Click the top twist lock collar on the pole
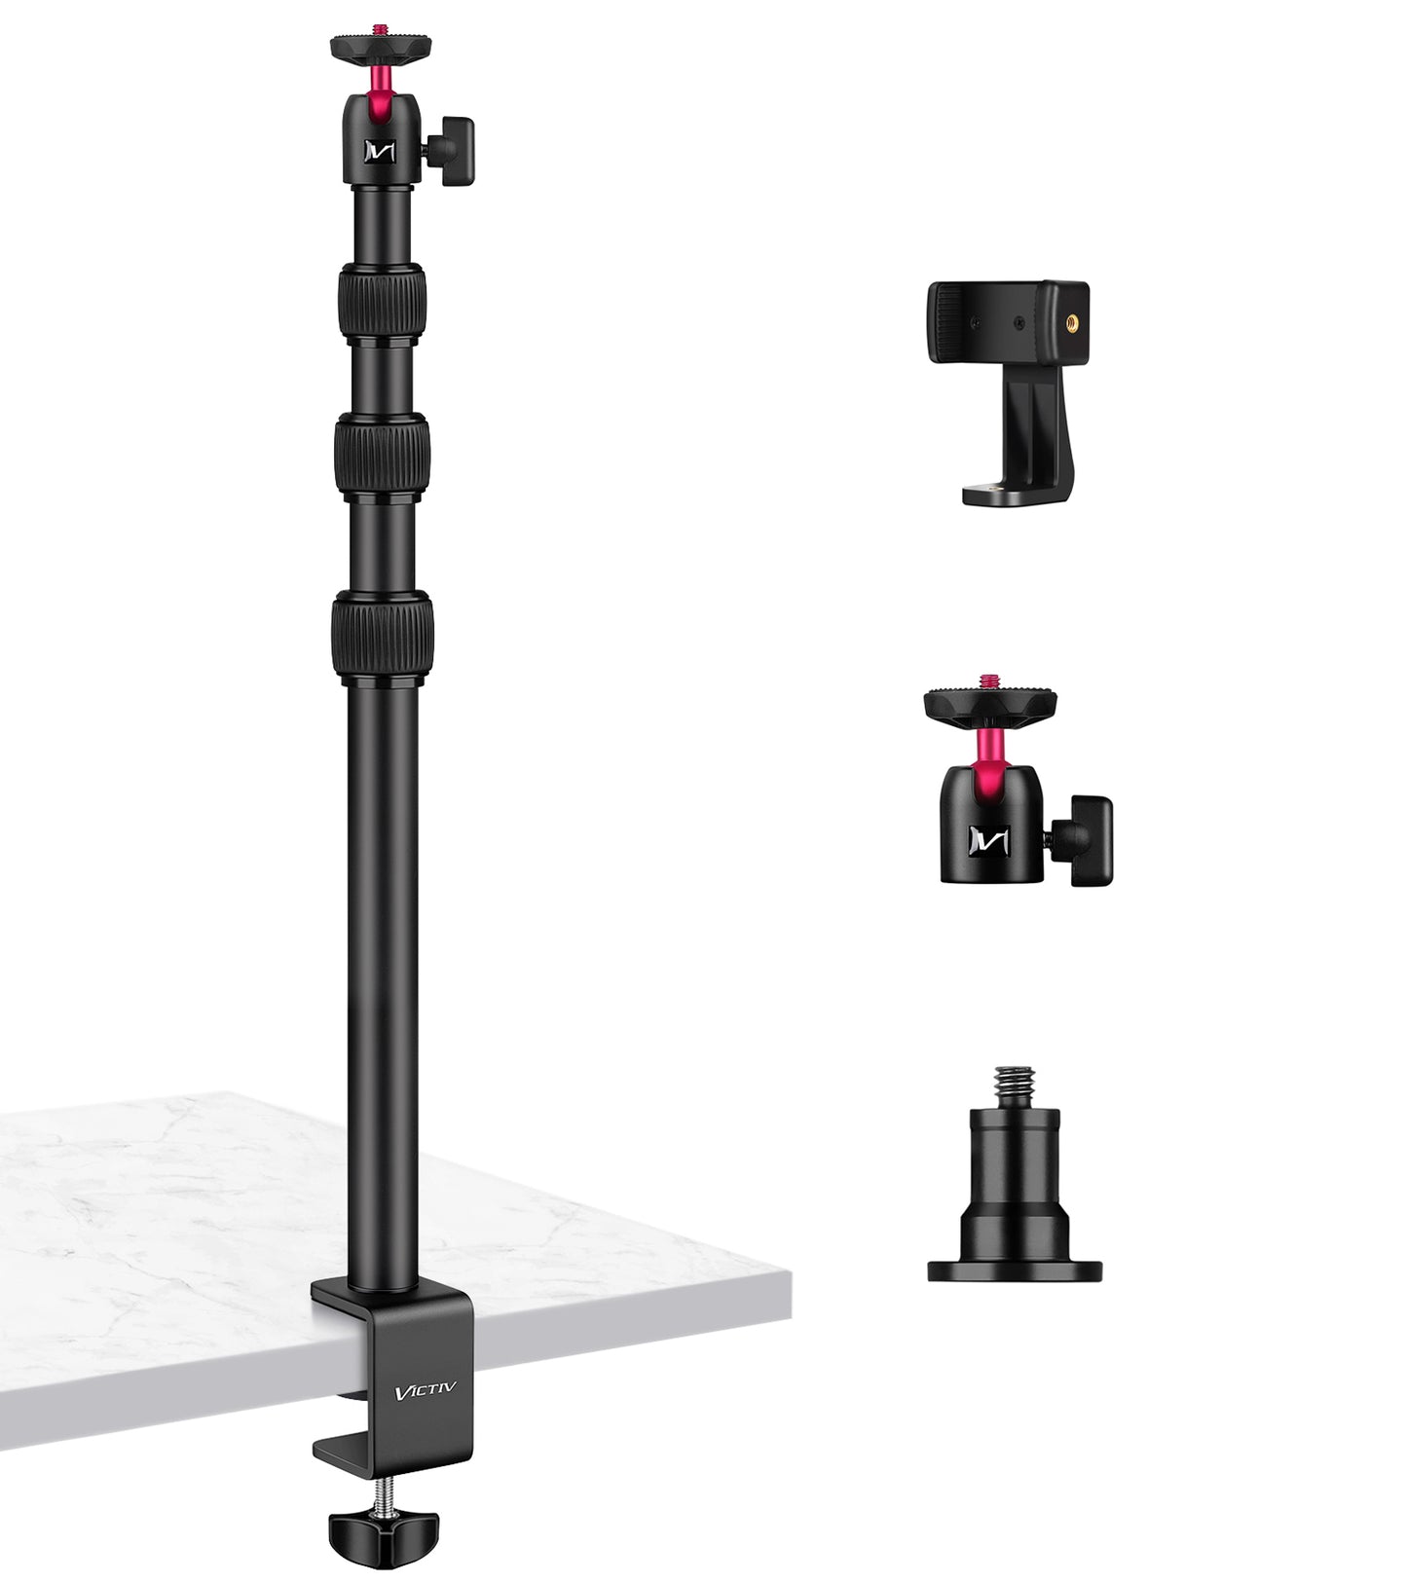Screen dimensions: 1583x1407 tap(383, 301)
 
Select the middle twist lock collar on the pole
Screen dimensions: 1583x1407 tap(382, 454)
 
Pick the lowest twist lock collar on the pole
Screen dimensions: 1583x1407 tap(382, 634)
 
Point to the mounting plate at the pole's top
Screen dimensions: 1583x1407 tap(381, 45)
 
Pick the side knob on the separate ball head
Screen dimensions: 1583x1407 tap(1090, 840)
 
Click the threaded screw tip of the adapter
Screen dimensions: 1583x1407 tap(1014, 1082)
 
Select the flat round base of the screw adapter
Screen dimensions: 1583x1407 tap(1014, 1270)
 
